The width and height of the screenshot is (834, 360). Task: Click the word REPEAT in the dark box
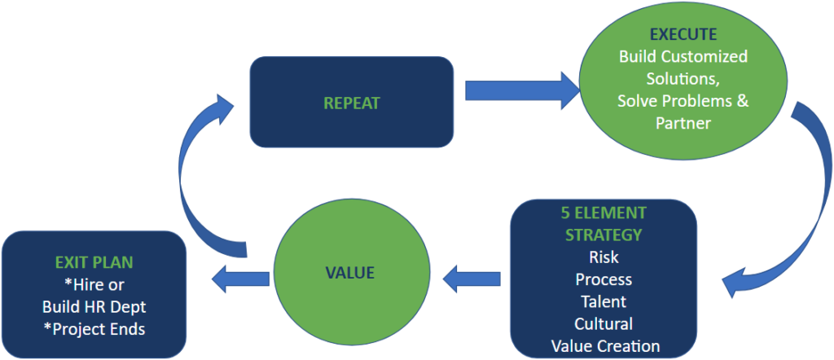pos(352,103)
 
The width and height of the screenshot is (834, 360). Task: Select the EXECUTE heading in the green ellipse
pos(683,34)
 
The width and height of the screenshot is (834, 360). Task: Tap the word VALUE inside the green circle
pos(350,273)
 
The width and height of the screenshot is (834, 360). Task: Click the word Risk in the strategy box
pos(604,257)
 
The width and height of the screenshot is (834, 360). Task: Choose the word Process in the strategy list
pos(604,279)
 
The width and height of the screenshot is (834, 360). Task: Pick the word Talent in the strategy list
pos(604,301)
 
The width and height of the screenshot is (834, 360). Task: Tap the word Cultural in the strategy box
pos(604,323)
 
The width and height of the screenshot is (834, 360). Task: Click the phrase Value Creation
pos(605,346)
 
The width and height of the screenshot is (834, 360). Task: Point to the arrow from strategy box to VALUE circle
pos(472,278)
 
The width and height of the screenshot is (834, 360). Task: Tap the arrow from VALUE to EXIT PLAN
pos(240,278)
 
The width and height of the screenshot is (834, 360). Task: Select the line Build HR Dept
pos(94,307)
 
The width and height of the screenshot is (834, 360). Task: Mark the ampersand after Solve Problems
pos(744,101)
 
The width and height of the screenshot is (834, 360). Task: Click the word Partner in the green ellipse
pos(683,123)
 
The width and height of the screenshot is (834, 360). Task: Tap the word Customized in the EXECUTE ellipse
pos(705,56)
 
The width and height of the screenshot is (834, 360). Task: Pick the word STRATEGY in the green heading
pos(604,235)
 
